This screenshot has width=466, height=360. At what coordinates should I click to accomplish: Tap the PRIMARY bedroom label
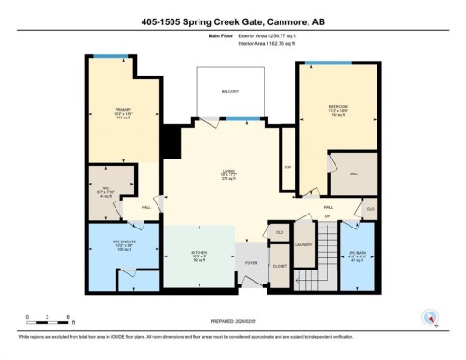(112, 109)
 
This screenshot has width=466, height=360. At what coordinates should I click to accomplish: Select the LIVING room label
(227, 171)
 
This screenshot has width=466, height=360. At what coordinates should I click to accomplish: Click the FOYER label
(251, 264)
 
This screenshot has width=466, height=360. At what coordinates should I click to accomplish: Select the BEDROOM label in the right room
(337, 107)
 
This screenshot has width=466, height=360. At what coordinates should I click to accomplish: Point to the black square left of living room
(170, 142)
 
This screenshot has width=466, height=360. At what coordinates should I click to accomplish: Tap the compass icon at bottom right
(430, 315)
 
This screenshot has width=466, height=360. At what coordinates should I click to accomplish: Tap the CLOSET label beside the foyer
(281, 265)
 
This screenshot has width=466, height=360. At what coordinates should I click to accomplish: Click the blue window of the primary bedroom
(109, 57)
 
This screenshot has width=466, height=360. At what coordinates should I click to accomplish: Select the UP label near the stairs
(327, 216)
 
